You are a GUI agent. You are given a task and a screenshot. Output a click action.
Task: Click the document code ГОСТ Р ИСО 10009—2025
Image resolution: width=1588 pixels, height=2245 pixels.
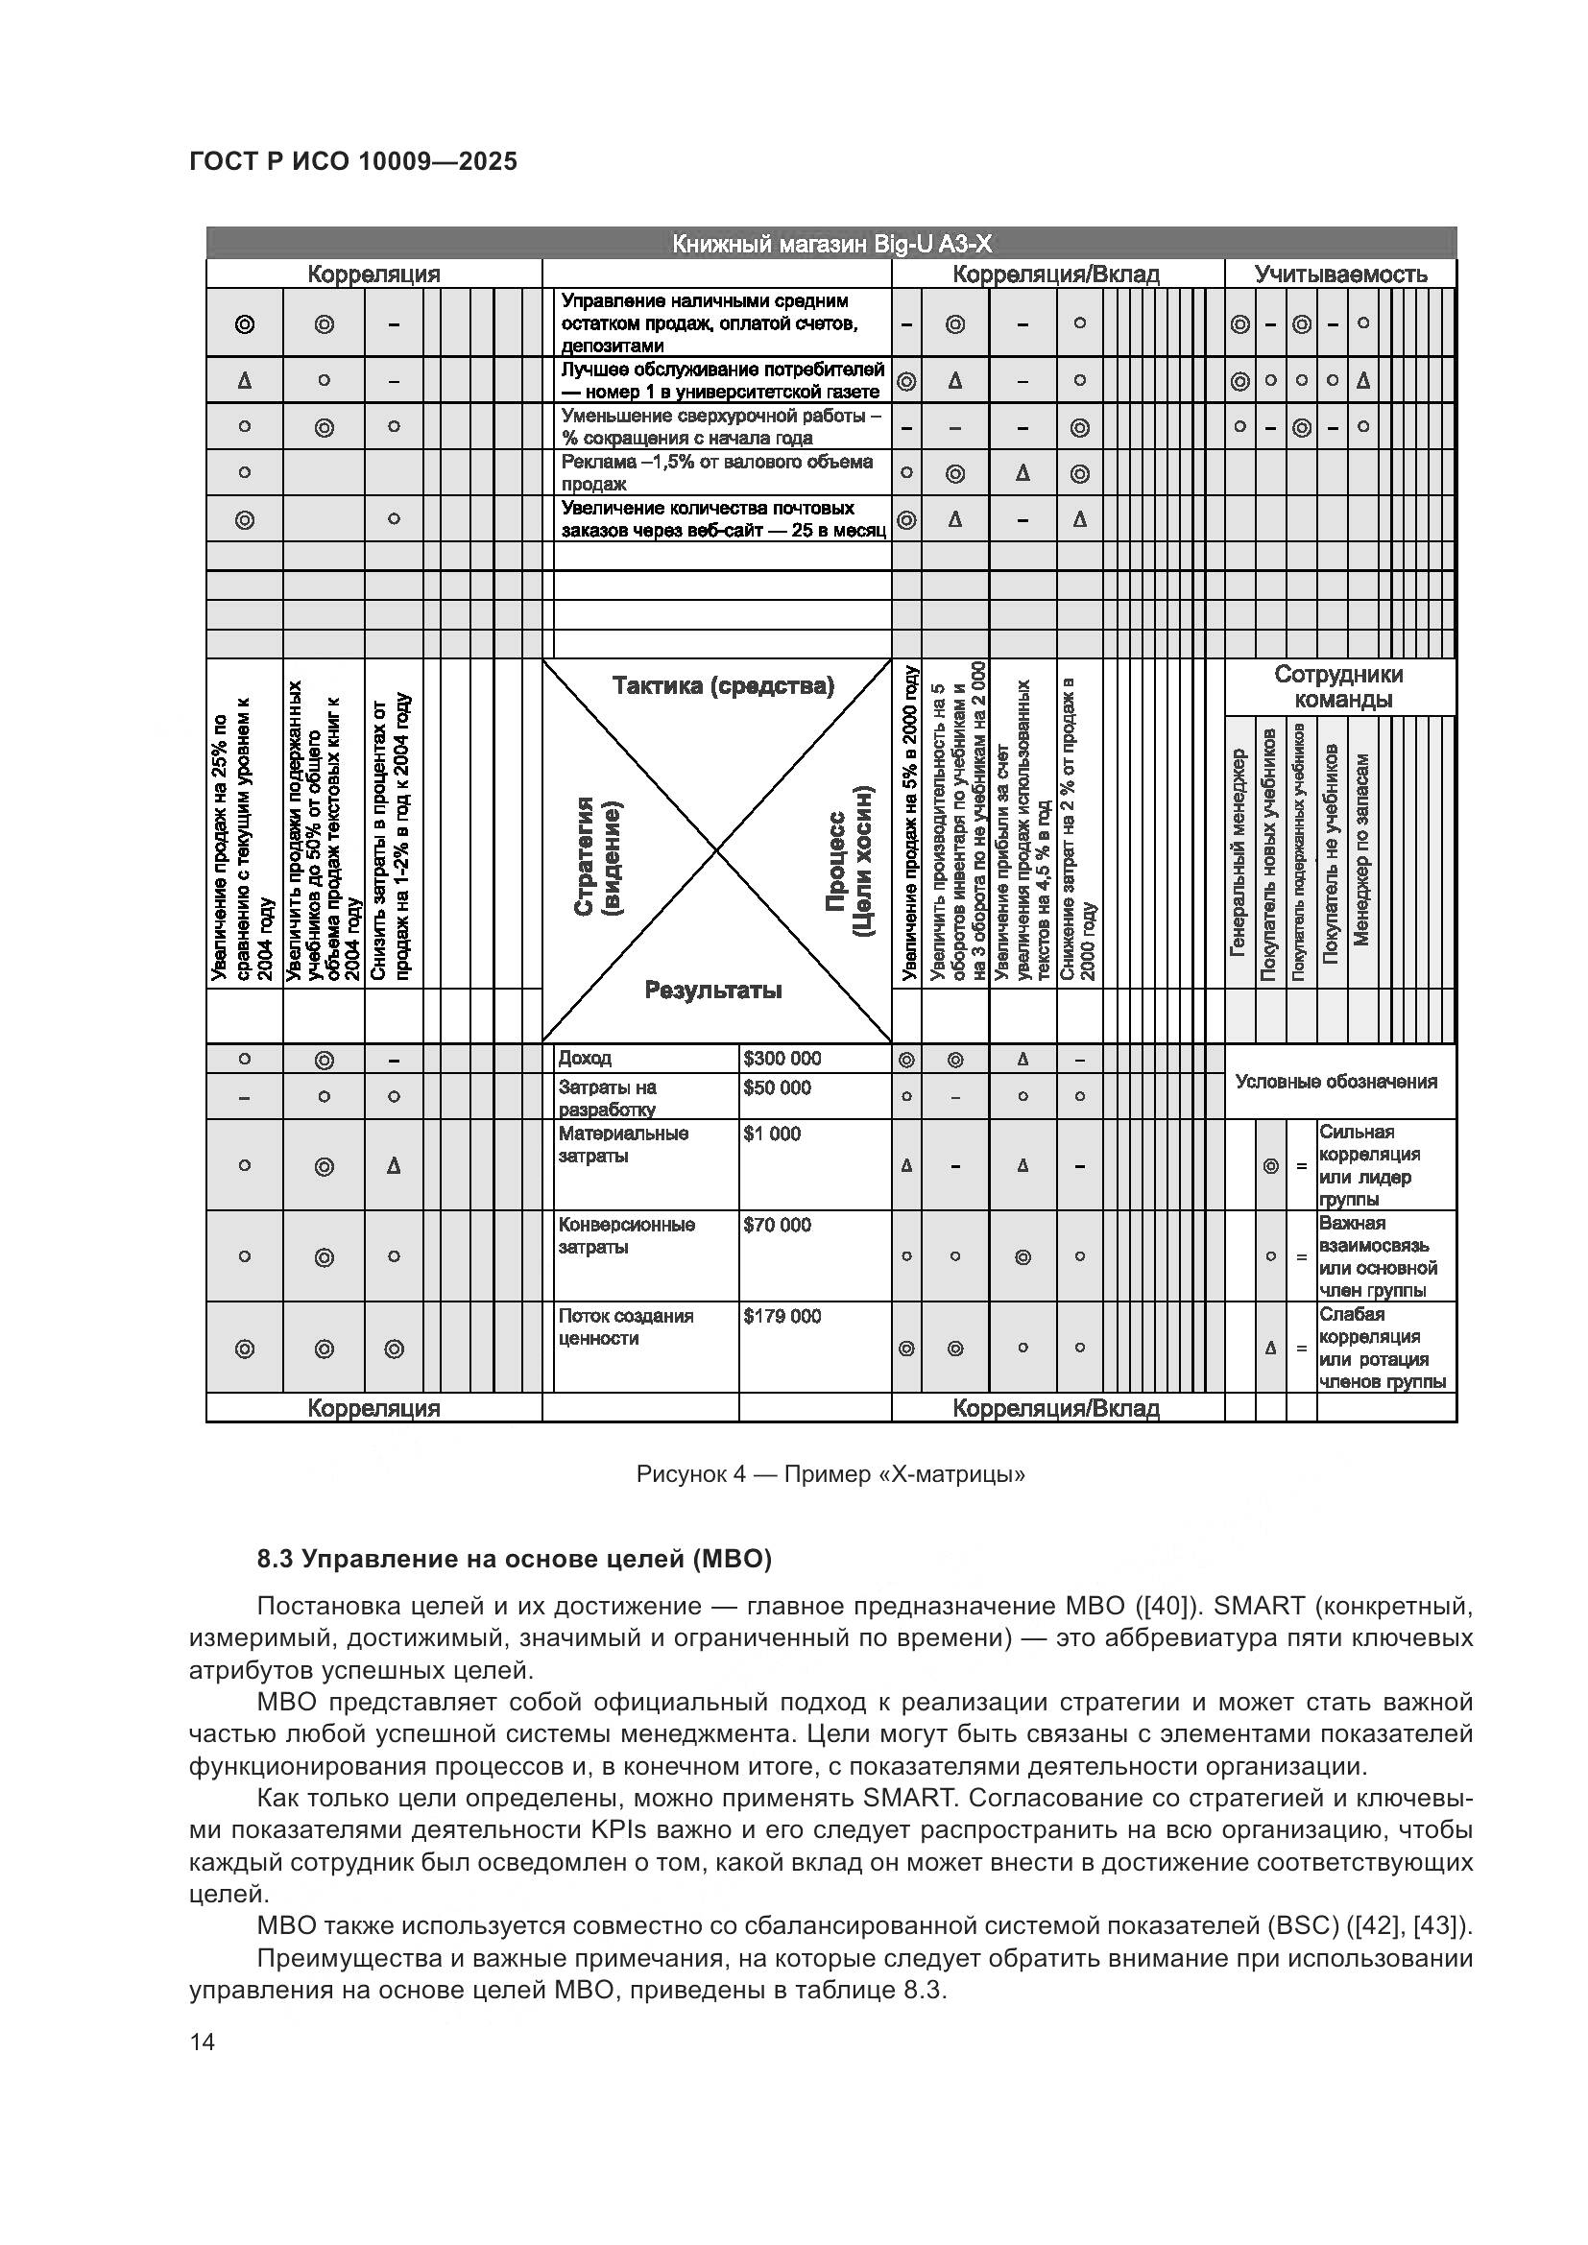353,161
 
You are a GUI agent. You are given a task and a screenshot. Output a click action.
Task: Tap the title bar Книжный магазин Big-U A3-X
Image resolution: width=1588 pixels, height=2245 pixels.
831,244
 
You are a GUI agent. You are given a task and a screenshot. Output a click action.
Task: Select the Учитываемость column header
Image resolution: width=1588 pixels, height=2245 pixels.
1339,274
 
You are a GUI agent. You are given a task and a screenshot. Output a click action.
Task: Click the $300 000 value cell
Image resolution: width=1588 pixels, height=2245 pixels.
782,1058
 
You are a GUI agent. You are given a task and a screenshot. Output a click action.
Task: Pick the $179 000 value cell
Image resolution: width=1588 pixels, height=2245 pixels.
782,1316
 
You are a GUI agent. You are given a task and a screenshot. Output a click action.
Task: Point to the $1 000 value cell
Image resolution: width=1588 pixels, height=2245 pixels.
772,1134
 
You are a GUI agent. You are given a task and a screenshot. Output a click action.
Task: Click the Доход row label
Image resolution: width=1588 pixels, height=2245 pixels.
585,1058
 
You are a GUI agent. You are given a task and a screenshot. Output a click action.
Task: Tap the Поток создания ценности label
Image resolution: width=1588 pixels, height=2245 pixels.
626,1326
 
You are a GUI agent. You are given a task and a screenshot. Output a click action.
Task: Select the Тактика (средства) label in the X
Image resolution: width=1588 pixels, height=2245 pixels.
723,685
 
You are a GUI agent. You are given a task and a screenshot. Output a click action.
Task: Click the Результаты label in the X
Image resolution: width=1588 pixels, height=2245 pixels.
712,990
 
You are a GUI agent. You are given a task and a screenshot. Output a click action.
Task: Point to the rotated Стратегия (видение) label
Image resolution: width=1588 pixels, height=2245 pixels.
596,856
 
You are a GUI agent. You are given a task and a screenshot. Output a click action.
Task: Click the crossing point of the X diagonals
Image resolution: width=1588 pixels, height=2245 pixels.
717,850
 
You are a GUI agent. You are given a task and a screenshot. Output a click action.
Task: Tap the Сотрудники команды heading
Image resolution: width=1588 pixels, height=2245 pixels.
1338,686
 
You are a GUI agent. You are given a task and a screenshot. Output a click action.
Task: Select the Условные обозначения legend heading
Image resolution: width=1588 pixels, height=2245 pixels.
1335,1082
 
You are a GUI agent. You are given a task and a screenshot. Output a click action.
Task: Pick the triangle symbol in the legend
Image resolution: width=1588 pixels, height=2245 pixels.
1270,1348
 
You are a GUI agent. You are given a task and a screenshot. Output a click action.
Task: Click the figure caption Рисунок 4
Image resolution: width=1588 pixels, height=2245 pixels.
830,1473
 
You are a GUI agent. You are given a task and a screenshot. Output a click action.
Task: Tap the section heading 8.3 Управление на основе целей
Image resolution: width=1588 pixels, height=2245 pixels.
515,1559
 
